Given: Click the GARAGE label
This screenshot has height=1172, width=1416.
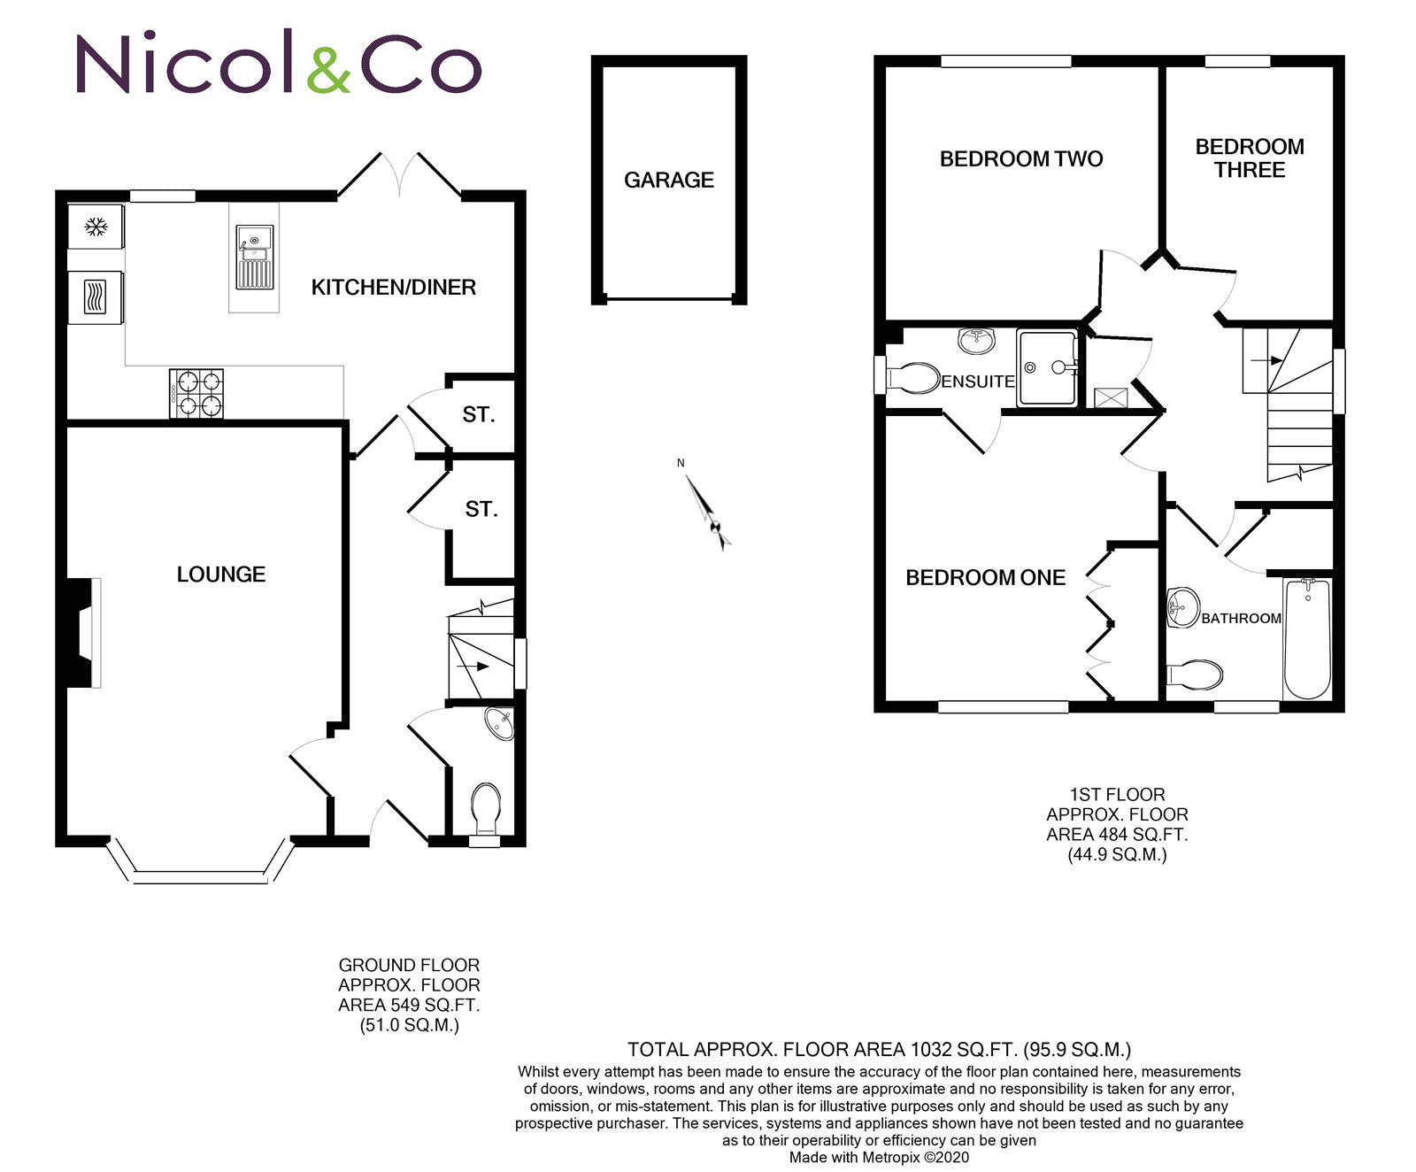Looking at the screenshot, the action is pos(668,181).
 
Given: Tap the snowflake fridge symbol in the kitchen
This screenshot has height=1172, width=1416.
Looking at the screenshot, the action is pos(95,227).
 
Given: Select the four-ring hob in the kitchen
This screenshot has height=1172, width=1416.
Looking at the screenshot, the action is pos(196,394).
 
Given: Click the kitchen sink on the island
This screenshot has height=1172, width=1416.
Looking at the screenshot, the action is pos(255,258).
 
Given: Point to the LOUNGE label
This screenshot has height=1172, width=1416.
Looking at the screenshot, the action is pos(221,574).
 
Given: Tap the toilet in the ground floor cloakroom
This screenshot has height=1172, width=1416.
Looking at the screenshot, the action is pos(486,807).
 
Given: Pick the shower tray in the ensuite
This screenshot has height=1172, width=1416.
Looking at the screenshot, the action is pos(1047,367).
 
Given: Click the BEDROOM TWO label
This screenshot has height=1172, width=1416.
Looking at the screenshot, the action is pos(1021,159).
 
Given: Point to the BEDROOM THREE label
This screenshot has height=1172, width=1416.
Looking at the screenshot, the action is pos(1250,158).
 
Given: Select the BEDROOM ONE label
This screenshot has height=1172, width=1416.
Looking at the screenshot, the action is pos(985,578).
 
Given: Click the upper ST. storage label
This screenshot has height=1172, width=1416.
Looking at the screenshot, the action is pos(479,414).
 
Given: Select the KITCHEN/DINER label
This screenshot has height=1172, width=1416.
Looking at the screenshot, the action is pos(394,287).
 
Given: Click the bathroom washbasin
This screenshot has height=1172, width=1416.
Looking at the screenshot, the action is pos(1182,608).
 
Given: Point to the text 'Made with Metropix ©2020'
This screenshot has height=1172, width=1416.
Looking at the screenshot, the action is pos(879,1157).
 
